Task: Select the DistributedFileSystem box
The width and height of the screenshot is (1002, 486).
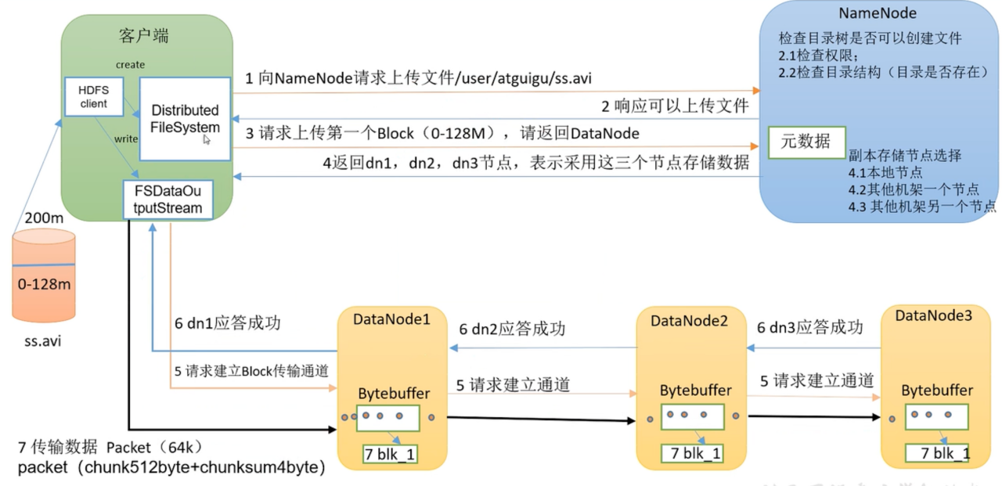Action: point(186,118)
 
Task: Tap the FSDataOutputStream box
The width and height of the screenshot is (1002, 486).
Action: point(167,200)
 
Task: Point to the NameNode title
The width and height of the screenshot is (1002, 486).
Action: point(878,13)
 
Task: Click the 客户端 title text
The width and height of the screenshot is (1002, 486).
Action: point(144,36)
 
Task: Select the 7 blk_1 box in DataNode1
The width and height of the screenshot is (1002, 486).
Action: point(389,454)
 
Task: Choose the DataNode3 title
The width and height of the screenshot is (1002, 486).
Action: point(934,315)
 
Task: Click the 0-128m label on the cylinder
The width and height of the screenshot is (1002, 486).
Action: point(44,284)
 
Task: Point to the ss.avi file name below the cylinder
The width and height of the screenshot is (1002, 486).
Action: point(44,342)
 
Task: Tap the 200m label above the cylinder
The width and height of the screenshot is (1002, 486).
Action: point(43,218)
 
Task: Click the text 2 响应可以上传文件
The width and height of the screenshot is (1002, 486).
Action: point(675,106)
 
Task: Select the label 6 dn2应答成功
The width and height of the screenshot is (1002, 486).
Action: point(512,329)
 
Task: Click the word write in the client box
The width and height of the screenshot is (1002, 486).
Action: point(126,139)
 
